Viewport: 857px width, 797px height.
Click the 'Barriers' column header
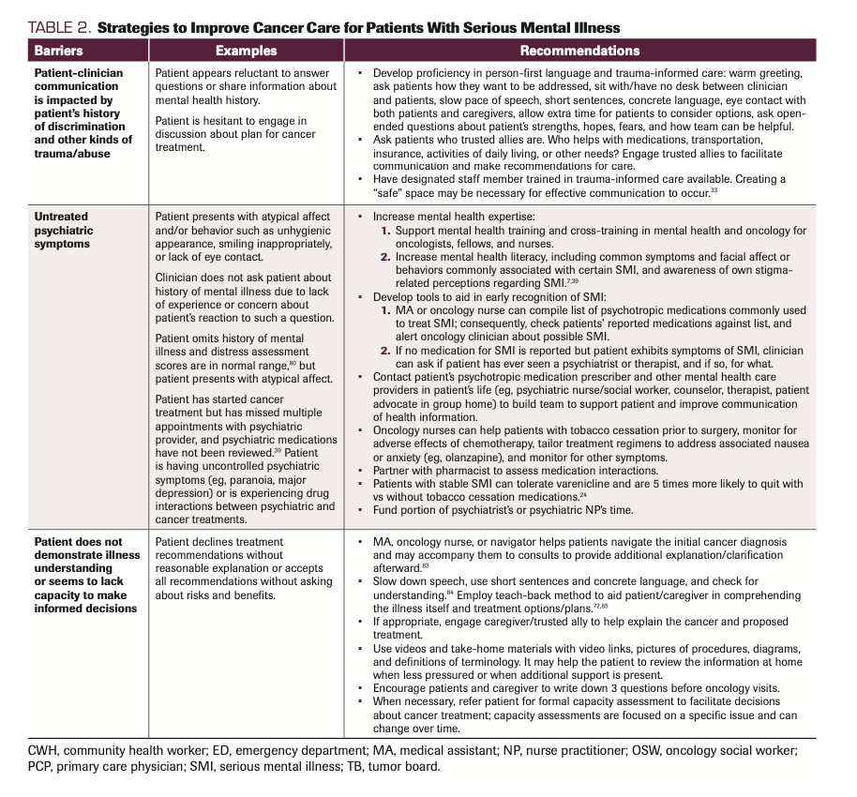[58, 51]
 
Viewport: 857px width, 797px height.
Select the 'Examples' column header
[246, 51]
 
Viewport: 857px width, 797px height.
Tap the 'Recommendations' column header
[579, 51]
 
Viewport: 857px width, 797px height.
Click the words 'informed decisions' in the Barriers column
[85, 609]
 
